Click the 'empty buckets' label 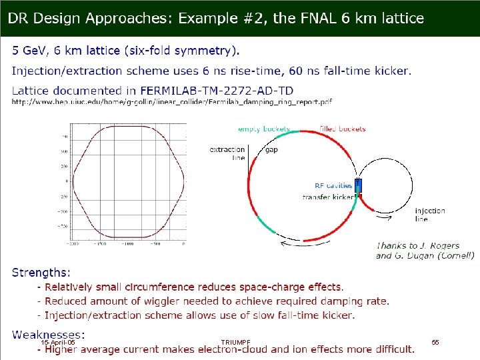click(264, 129)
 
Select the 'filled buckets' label click(343, 129)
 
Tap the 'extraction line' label click(227, 154)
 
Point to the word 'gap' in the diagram click(271, 150)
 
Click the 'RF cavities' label click(333, 185)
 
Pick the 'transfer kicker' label click(329, 197)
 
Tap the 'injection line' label click(430, 215)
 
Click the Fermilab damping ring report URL click(172, 102)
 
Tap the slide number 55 click(435, 342)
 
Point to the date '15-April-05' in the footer click(58, 342)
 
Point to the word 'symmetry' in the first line click(204, 50)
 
